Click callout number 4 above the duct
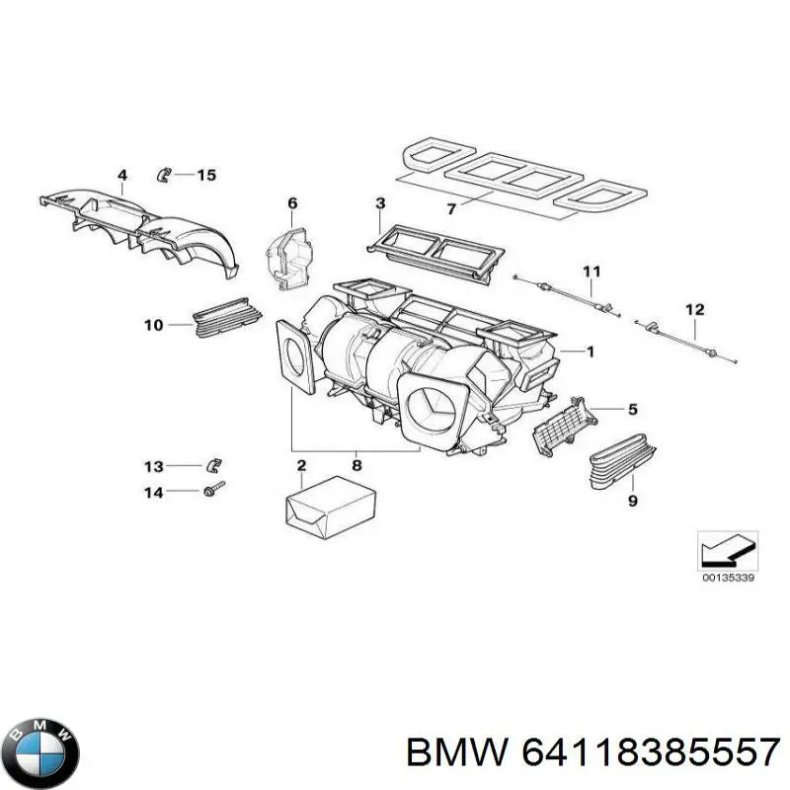(x=122, y=177)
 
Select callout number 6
(x=292, y=204)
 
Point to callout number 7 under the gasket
(x=451, y=209)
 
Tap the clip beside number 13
(x=213, y=464)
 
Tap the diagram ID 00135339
(x=728, y=578)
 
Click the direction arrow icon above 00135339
(x=727, y=549)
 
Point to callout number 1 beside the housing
(x=590, y=351)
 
